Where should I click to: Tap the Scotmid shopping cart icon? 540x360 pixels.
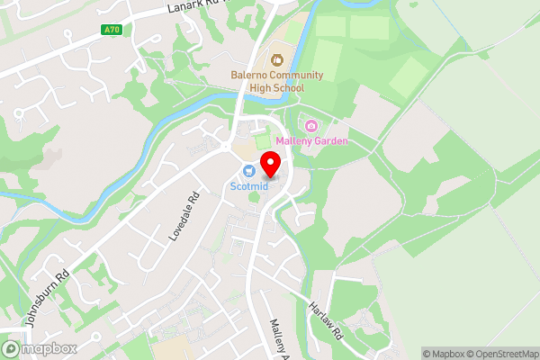[247, 171]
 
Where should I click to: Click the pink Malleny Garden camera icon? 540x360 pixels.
[312, 125]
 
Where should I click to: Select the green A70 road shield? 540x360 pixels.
[111, 29]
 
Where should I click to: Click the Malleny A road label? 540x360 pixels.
[280, 338]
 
